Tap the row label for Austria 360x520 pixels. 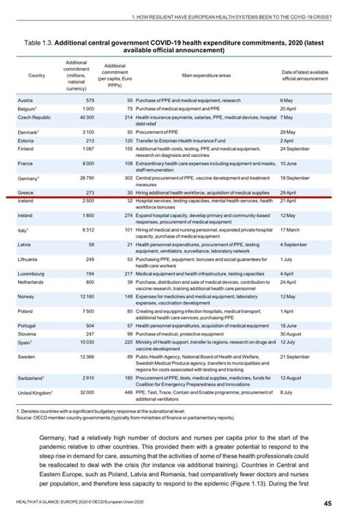coord(25,100)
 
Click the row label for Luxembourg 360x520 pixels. coord(31,273)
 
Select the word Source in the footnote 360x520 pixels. coord(25,418)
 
